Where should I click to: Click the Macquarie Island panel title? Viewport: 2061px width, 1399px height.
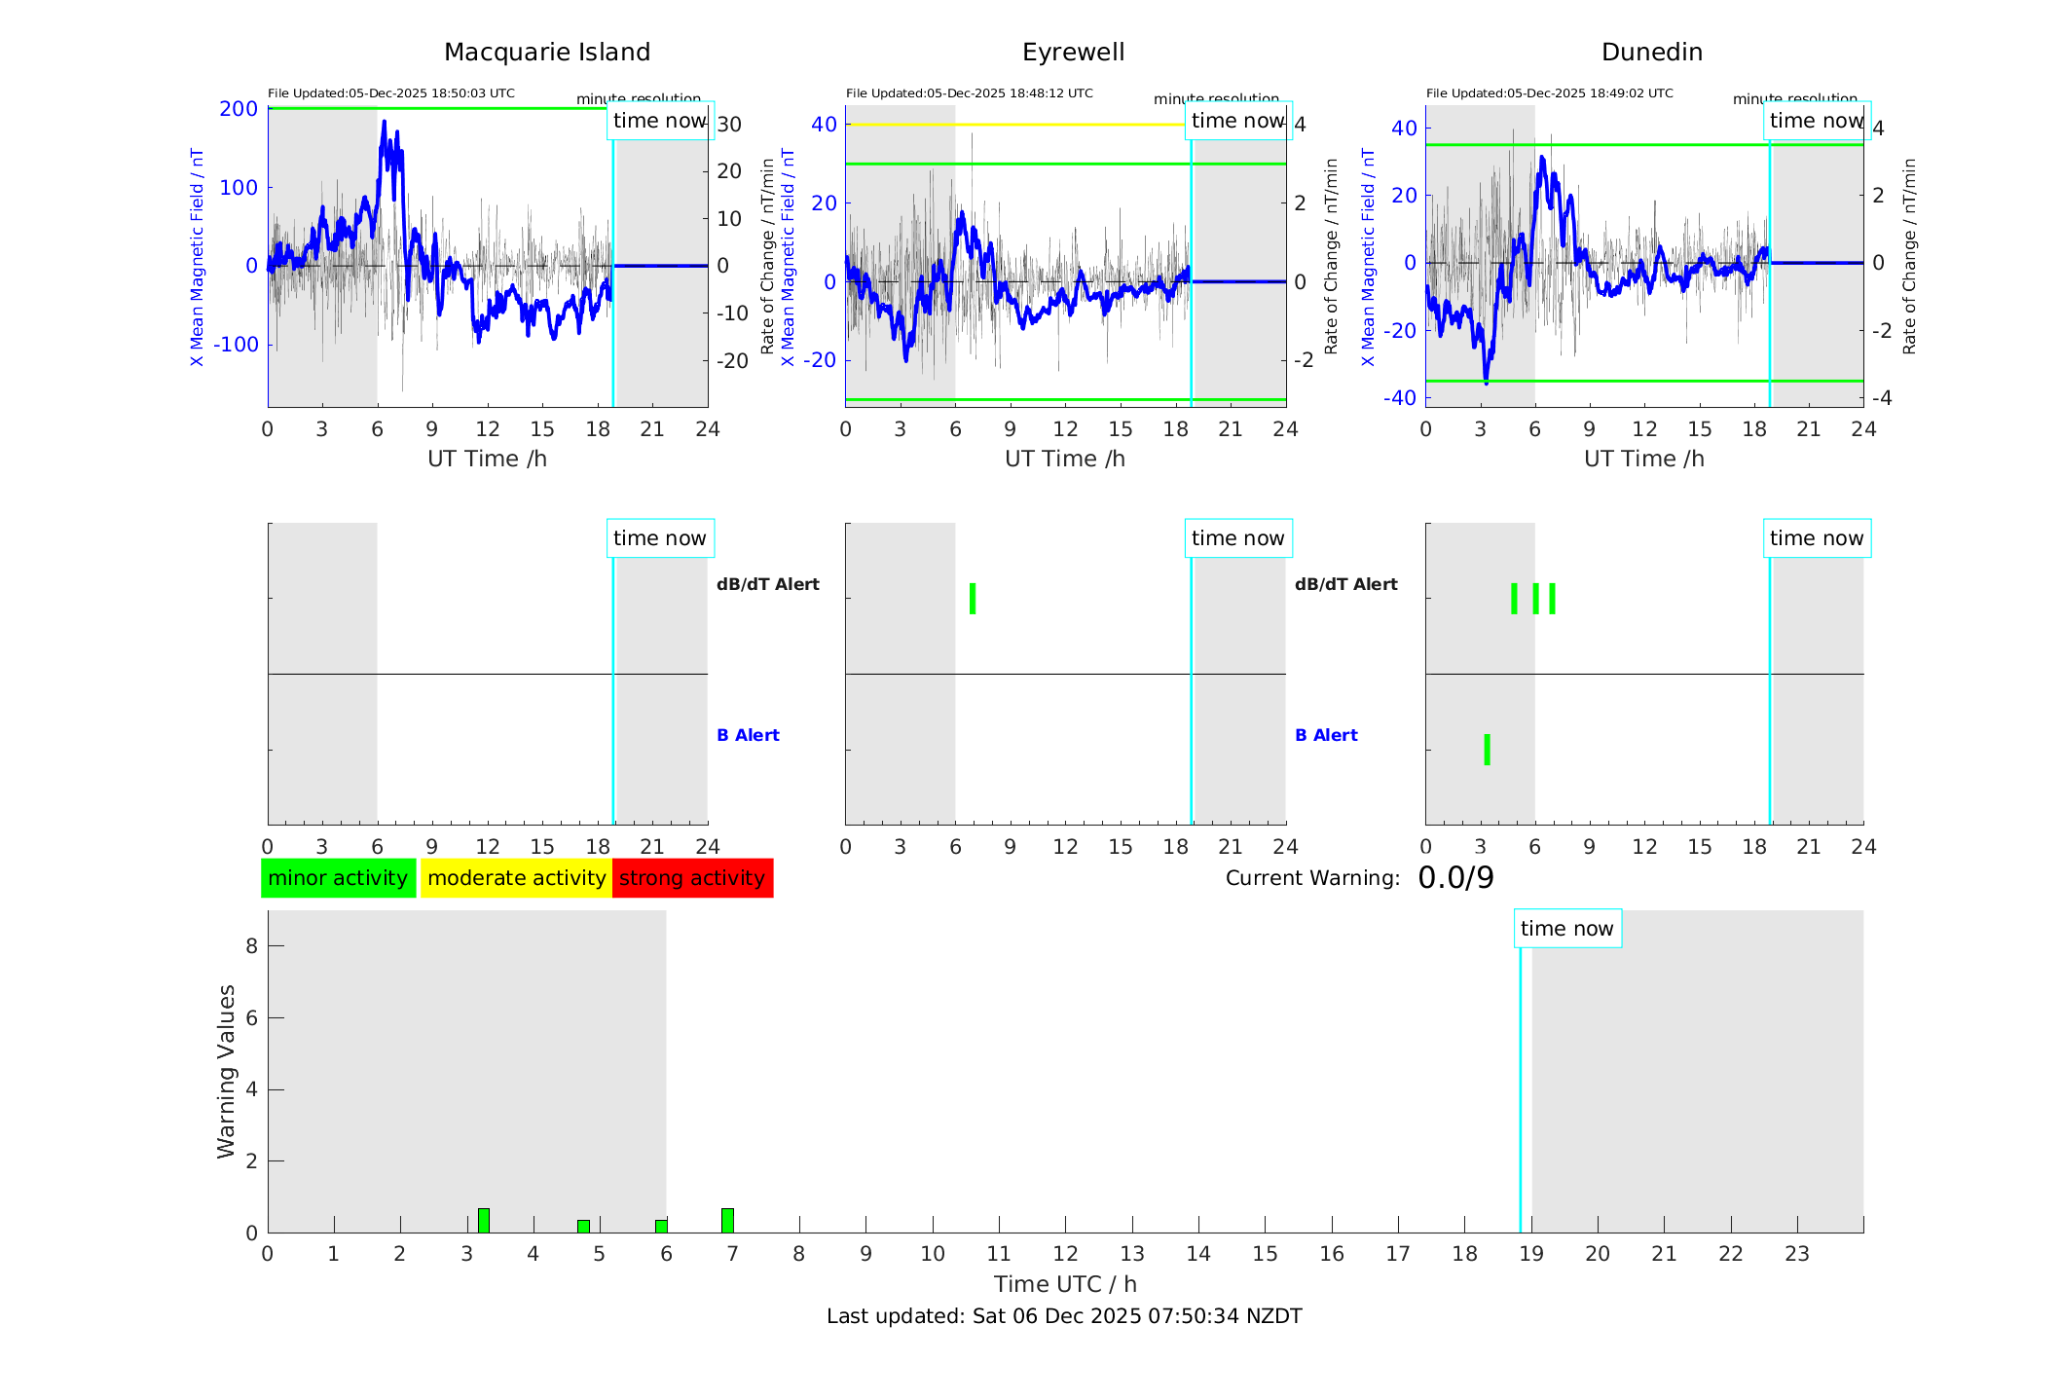546,53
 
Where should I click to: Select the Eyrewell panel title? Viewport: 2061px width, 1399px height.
1073,53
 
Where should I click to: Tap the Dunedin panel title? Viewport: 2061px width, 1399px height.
1651,53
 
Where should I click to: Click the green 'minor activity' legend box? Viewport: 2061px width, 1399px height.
338,878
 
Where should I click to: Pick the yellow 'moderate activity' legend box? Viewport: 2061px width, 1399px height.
516,878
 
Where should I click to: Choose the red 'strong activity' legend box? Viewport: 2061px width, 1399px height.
692,878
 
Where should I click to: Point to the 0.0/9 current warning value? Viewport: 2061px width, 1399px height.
1455,878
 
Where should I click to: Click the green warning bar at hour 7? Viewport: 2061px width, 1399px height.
727,1221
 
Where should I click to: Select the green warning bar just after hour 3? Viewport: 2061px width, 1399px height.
483,1221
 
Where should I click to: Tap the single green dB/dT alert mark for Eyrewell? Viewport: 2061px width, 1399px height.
973,599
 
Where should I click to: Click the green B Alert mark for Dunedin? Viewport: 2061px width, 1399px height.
1487,750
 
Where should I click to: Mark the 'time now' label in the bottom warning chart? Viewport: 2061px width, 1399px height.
1566,929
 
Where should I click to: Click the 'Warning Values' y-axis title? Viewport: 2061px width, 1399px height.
226,1071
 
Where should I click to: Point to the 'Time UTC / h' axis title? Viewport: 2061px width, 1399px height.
1065,1284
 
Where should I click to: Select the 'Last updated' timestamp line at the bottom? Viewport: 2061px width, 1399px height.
1064,1316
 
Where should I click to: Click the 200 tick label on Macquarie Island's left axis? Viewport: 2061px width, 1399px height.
239,109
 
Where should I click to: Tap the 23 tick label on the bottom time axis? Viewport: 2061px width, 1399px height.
1796,1254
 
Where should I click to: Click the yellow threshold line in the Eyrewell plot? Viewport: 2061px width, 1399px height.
1012,125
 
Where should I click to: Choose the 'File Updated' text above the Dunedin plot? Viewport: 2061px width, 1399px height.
1549,93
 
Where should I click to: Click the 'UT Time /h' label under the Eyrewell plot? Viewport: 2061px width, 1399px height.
1065,459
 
